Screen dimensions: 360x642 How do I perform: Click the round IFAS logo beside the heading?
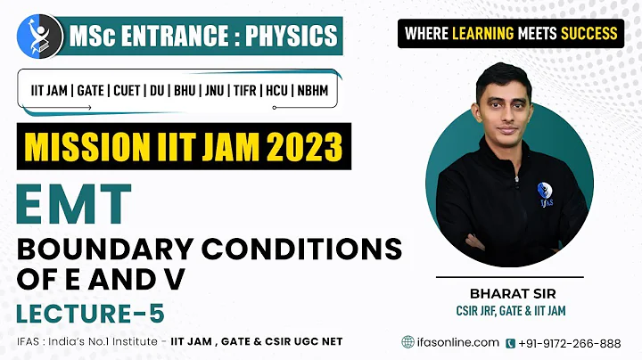click(39, 36)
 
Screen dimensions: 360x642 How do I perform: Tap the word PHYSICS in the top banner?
click(293, 36)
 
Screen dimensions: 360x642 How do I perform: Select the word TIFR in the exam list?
click(245, 91)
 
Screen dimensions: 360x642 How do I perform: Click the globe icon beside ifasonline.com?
click(408, 342)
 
